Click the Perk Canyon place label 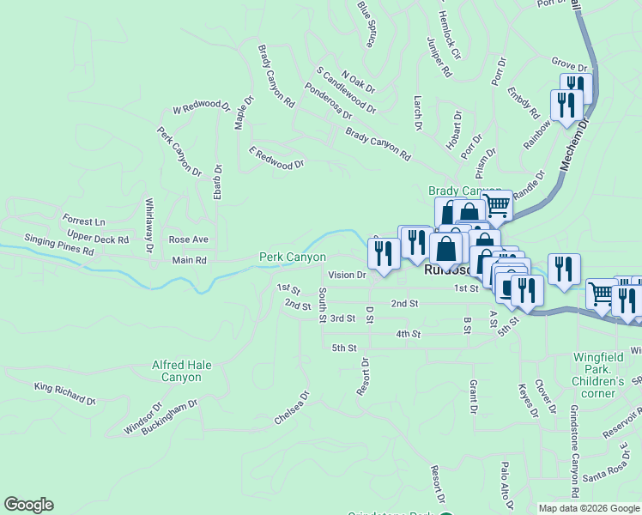tap(293, 257)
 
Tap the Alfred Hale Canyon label tap(181, 371)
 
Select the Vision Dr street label tap(348, 276)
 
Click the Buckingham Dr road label tap(169, 415)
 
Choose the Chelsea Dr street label tap(291, 409)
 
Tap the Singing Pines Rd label tap(58, 245)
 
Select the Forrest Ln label tap(83, 221)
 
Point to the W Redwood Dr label tap(201, 109)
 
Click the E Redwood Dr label tap(276, 158)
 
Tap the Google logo tap(28, 505)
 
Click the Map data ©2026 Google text tap(588, 508)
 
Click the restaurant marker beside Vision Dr tap(383, 253)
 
